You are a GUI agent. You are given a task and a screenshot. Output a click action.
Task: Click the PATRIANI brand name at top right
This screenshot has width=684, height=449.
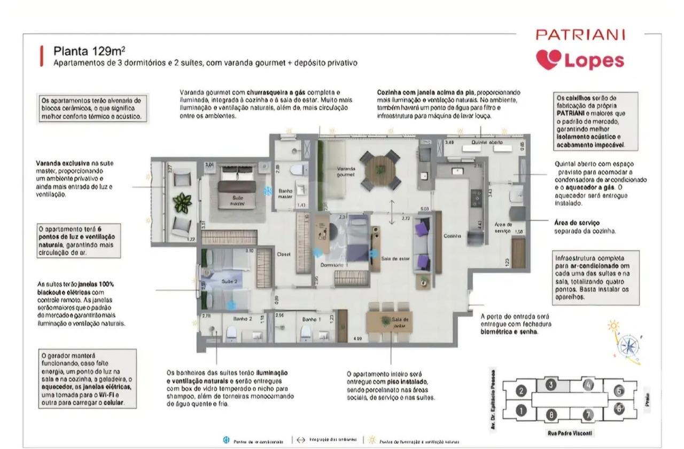pos(580,35)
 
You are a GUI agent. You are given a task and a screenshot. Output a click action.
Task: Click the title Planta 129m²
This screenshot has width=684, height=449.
pos(90,51)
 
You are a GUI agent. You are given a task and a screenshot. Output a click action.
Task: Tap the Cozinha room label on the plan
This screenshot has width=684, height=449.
pos(452,235)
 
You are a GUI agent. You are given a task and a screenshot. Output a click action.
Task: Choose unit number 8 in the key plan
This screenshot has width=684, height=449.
pos(550,414)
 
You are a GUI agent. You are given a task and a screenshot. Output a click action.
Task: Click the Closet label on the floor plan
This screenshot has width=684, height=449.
pos(283,255)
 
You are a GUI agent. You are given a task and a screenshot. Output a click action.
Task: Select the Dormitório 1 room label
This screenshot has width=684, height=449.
pos(334,265)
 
